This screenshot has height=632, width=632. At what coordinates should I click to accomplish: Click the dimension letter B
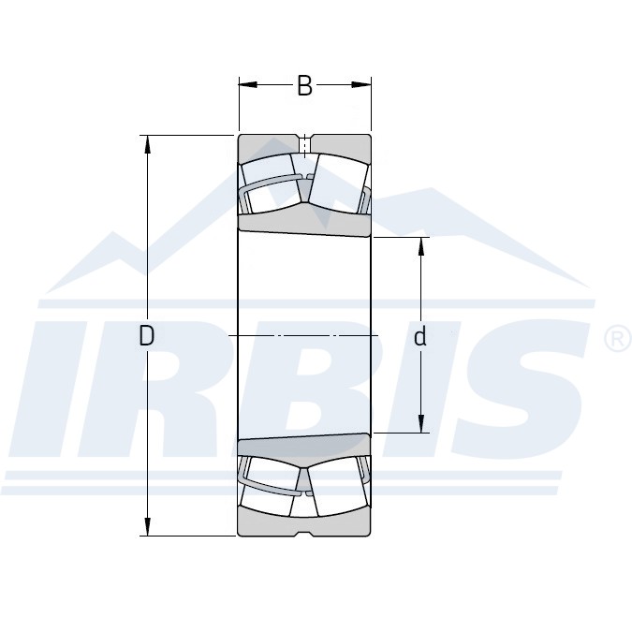pos(304,85)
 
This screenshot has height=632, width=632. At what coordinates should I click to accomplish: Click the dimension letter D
pos(147,335)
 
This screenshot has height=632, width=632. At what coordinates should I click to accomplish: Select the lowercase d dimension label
pos(420,336)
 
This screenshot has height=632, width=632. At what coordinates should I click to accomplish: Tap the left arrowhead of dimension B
pos(248,84)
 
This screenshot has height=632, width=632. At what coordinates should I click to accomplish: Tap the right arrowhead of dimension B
pos(361,84)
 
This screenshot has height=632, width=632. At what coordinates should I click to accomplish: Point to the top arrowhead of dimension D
pos(148,144)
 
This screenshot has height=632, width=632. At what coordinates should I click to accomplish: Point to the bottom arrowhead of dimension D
pos(148,526)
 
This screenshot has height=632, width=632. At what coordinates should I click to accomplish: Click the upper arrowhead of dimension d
pos(421,246)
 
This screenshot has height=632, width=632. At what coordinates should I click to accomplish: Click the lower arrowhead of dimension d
pos(421,423)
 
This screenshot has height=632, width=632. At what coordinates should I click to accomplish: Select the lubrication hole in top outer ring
pos(305,145)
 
